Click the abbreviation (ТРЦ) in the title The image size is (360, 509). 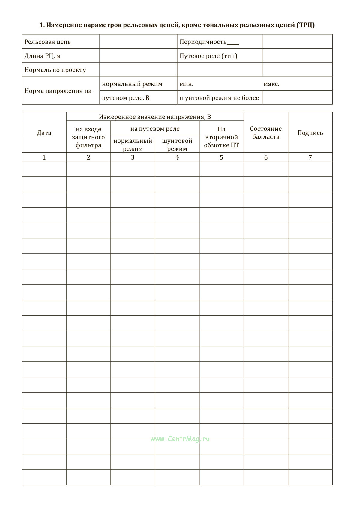coord(305,25)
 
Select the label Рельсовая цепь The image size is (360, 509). coord(48,42)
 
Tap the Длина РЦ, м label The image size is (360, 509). coord(43,56)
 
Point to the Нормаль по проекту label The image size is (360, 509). coord(55,70)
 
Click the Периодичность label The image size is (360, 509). coord(203,42)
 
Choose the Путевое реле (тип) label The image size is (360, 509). coord(208,56)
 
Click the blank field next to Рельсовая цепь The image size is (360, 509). coord(138,42)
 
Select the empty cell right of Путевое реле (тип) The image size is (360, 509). coord(297,56)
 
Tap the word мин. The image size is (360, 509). coord(186,84)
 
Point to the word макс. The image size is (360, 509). coord(271,84)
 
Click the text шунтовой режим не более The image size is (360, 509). coord(219,98)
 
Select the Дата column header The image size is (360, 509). coord(44,133)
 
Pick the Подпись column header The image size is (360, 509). coord(310,133)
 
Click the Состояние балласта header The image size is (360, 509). coord(266,133)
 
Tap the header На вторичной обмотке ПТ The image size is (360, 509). coord(221,137)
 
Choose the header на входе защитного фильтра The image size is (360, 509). coord(88,137)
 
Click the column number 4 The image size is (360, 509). coord(177,157)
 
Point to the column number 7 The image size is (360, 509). coord(310,157)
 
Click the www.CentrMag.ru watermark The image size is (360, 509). coord(180,439)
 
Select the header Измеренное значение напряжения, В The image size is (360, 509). coord(155,117)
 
